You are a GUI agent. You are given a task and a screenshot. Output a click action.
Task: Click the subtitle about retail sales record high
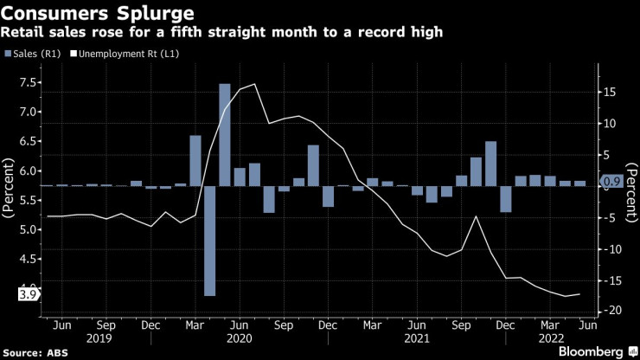coord(222,33)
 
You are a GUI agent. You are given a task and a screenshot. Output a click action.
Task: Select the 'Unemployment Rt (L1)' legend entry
coord(131,54)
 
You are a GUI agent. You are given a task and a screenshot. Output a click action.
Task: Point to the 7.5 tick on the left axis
coord(27,82)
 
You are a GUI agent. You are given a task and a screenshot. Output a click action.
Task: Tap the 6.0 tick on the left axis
coord(27,171)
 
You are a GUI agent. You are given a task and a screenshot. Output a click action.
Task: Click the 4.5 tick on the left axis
coord(27,259)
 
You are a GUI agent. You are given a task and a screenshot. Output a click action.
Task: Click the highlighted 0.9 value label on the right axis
coord(611,182)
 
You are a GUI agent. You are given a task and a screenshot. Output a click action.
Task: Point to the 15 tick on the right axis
coord(609,90)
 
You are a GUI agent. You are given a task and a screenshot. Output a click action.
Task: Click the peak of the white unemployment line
coord(253,84)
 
